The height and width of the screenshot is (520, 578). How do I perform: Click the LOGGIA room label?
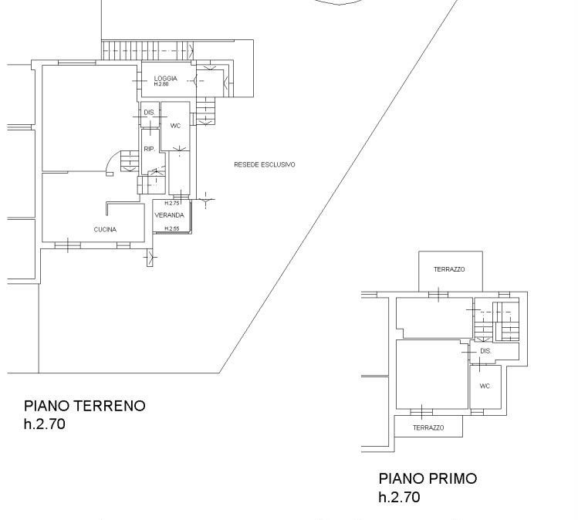tap(165, 78)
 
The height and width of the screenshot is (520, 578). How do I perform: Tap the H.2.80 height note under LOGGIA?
tap(161, 84)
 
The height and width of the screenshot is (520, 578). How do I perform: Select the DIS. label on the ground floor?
tap(149, 113)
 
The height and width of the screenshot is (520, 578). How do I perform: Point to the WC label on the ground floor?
tap(175, 126)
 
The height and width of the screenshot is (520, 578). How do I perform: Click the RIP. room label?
tap(149, 149)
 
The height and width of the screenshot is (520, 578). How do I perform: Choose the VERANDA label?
tap(169, 215)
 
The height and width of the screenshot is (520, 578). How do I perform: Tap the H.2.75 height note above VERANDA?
tap(172, 203)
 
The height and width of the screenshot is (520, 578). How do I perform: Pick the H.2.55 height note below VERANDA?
tap(172, 228)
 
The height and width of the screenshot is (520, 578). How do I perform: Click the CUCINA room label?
tap(105, 230)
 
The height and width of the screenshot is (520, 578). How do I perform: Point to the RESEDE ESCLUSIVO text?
tap(264, 164)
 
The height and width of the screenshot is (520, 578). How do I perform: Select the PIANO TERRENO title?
tap(84, 406)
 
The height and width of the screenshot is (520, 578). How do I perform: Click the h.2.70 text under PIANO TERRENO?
tap(45, 424)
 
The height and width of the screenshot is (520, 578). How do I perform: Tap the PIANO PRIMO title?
tap(428, 479)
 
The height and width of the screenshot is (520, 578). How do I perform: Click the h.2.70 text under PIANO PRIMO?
tap(399, 497)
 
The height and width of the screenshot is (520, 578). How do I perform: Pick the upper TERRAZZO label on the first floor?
tap(449, 269)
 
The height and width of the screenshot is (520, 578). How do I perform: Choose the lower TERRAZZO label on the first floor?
tap(428, 428)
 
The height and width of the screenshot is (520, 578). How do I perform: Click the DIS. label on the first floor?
tap(486, 351)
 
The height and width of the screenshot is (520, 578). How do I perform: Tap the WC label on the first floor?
tap(485, 386)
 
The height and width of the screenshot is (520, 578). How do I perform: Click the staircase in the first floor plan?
tap(496, 322)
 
